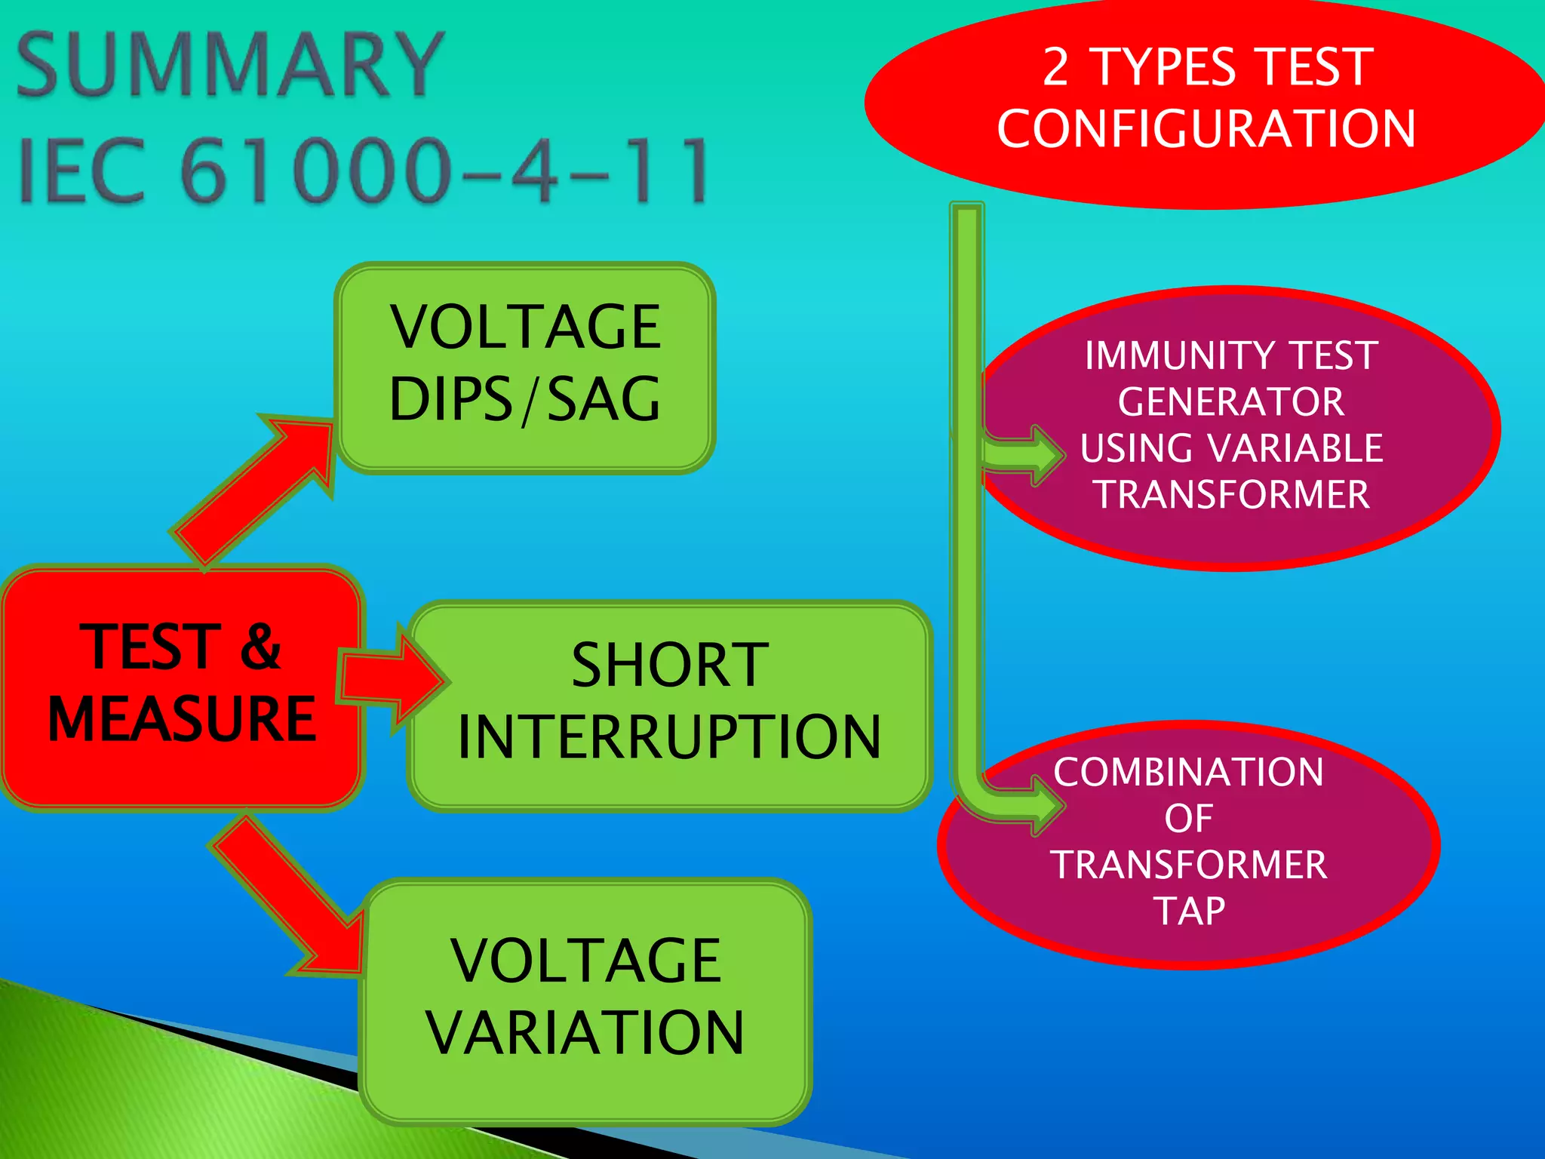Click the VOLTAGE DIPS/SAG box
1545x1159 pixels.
525,367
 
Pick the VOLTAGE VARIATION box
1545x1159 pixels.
585,999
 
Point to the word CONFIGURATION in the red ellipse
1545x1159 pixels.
1206,128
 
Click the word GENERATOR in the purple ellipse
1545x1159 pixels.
1231,401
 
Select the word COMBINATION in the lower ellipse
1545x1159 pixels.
1189,773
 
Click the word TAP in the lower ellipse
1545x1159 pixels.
1189,912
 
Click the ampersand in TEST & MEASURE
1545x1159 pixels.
260,647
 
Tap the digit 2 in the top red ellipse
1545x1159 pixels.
1056,68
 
